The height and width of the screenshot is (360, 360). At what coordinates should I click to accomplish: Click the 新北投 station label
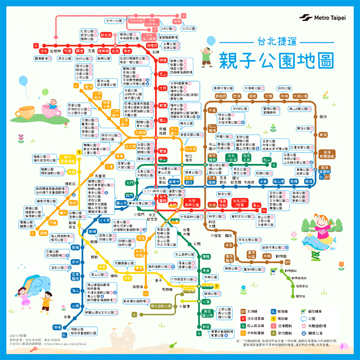click(106, 35)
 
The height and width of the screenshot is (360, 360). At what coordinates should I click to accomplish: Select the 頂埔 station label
click(57, 327)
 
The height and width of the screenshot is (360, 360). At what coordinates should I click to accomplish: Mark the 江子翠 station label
click(104, 220)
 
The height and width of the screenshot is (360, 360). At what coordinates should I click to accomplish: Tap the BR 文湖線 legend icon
click(243, 311)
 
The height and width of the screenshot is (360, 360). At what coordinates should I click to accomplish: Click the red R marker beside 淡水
click(35, 45)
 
